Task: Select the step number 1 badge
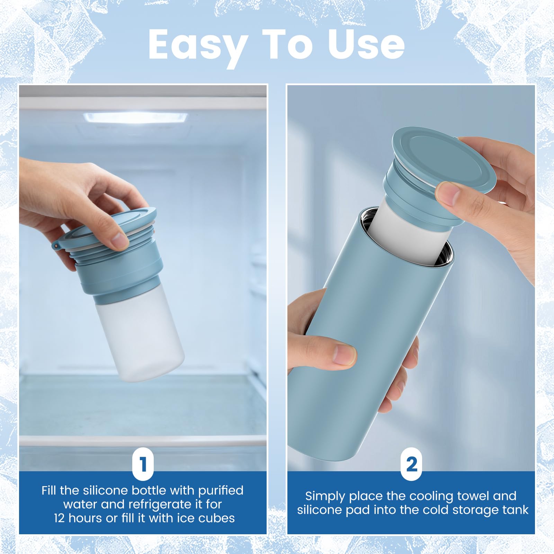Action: click(x=143, y=464)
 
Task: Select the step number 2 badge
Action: click(x=411, y=464)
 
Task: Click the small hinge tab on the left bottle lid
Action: click(x=56, y=245)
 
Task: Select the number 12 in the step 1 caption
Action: click(x=59, y=518)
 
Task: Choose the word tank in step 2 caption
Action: click(x=516, y=510)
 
